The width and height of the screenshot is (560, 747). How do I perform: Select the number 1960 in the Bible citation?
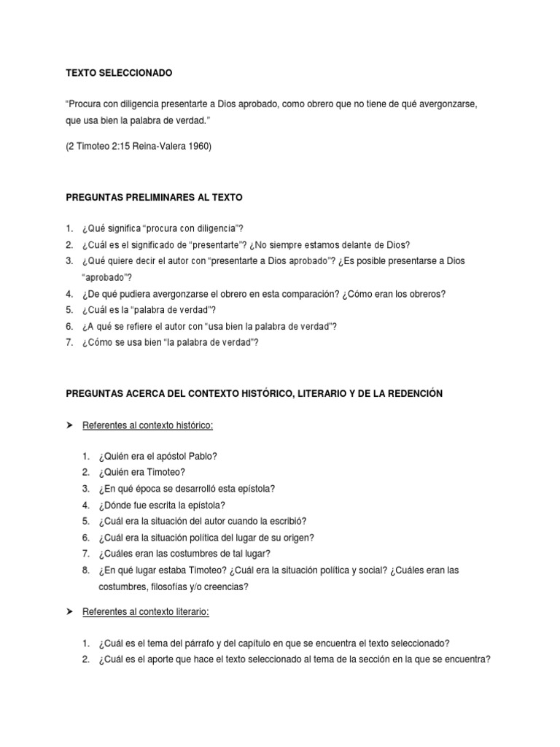[199, 146]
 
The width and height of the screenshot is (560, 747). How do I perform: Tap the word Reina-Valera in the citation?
[159, 146]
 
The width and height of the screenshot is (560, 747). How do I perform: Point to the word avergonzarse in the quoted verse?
[448, 105]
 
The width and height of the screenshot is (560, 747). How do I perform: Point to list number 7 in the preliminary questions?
[69, 341]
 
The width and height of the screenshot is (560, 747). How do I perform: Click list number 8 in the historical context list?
[86, 570]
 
